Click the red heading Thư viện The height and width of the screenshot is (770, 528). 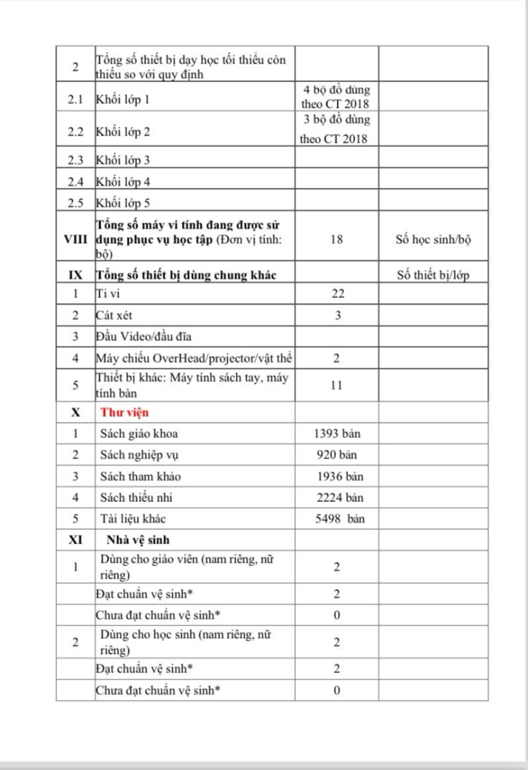(125, 412)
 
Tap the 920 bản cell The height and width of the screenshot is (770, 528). (337, 455)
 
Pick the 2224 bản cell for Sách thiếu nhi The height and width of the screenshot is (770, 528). (337, 498)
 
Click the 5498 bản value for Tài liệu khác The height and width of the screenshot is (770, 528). (339, 519)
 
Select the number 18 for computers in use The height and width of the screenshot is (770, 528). (337, 240)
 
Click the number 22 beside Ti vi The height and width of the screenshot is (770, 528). (337, 294)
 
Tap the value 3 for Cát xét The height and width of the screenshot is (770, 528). (337, 315)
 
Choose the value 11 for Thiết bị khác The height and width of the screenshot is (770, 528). (337, 385)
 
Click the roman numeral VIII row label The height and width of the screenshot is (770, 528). (76, 240)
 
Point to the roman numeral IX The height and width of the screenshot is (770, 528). (76, 274)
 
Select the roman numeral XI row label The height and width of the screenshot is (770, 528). (76, 540)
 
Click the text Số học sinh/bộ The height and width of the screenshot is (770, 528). (433, 240)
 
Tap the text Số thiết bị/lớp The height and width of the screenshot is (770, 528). (433, 275)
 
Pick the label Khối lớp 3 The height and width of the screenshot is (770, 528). (123, 160)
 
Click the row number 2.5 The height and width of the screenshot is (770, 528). (76, 203)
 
